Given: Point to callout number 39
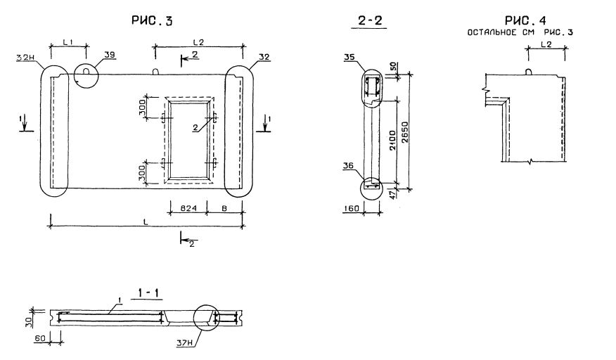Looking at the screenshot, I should tap(109, 54).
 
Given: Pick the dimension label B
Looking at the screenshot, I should tap(224, 208).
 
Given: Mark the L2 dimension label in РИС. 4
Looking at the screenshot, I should tap(546, 44).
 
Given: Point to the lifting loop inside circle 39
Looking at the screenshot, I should tap(86, 70).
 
